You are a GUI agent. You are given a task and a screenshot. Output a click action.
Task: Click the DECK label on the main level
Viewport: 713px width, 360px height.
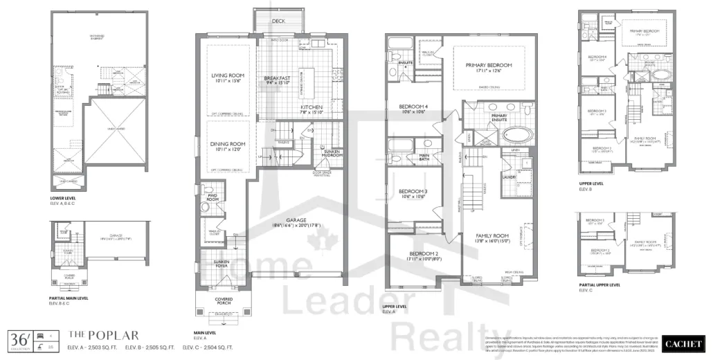tap(278, 21)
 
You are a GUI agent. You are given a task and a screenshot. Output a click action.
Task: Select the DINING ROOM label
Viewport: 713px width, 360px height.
tap(228, 144)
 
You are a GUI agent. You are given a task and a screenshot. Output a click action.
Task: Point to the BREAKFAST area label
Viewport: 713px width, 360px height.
tap(277, 79)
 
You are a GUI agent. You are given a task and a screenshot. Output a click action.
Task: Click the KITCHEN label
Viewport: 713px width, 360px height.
tap(312, 108)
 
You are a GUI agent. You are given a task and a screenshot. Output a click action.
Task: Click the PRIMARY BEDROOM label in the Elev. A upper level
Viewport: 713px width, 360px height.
tap(493, 65)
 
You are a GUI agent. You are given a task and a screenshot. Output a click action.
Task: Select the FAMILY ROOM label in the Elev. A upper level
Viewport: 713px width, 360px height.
tap(491, 236)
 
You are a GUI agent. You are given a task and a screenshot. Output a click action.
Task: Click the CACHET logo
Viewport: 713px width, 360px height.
tap(683, 343)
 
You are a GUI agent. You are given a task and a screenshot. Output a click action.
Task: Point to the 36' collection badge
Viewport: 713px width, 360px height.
tap(18, 340)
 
